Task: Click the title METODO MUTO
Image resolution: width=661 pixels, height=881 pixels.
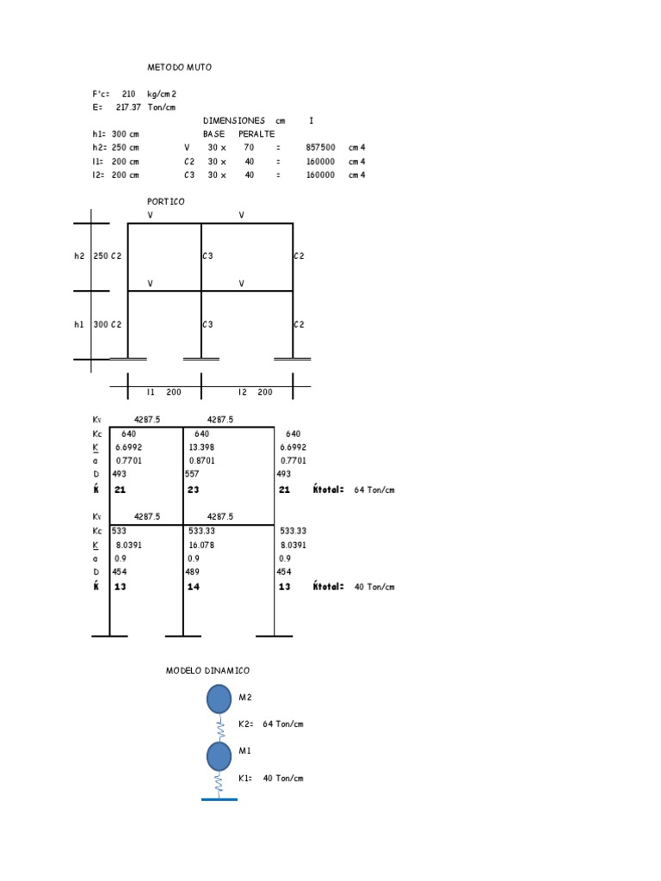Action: coord(179,67)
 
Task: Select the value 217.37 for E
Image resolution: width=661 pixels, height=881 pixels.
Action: coord(128,108)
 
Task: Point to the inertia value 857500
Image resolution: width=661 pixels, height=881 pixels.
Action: coord(320,148)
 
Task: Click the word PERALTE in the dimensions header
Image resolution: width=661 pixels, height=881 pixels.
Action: coord(256,134)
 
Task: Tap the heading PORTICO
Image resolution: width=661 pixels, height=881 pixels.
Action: coord(165,202)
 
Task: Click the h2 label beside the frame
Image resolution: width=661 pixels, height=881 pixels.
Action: coord(79,256)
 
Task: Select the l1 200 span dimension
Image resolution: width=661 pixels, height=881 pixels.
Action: coord(164,392)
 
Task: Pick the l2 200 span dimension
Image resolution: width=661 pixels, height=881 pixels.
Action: coord(256,392)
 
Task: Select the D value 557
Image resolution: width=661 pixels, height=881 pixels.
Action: coord(192,475)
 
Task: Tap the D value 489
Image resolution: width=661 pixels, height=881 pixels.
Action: coord(192,572)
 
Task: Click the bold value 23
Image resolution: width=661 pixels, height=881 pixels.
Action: coord(193,490)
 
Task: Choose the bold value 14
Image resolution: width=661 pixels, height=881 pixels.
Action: coord(193,587)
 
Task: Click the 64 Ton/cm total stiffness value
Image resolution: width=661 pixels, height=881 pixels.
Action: coord(374,490)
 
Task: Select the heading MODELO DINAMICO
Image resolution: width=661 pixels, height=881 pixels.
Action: coord(207,670)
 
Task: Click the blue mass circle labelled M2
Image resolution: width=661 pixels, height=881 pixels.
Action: coord(219,699)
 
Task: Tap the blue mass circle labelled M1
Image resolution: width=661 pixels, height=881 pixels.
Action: coord(219,756)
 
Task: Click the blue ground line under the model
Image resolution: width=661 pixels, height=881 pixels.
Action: coord(219,799)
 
